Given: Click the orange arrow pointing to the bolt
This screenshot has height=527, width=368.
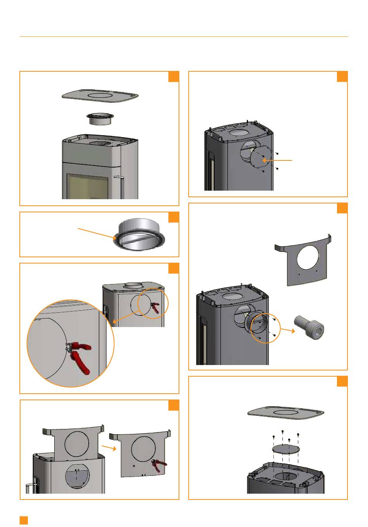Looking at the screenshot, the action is [x=287, y=332].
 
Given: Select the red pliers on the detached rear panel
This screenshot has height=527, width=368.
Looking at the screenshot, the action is [x=160, y=465].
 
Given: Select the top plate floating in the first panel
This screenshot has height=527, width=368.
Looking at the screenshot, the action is [x=100, y=95].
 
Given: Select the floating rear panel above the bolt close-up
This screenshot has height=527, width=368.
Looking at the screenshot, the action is [x=304, y=260].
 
